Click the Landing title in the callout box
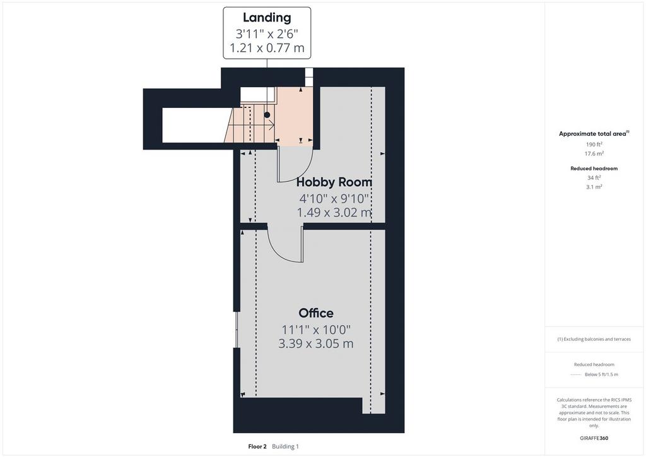pos(267,17)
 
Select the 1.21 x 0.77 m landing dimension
pos(267,48)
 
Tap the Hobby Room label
pos(334,182)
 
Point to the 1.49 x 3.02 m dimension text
pos(334,213)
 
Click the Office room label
pos(316,313)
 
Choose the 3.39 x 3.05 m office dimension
pos(316,343)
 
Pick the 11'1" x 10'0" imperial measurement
pos(316,329)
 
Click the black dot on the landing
pos(267,115)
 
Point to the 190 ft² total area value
pos(594,144)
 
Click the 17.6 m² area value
pos(594,153)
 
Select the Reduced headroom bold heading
pos(594,169)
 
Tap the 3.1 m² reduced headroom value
pos(594,187)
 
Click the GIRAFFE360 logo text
pos(594,438)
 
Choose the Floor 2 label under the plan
pos(257,446)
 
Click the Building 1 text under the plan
pos(285,446)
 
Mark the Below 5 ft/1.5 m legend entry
pos(601,374)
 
